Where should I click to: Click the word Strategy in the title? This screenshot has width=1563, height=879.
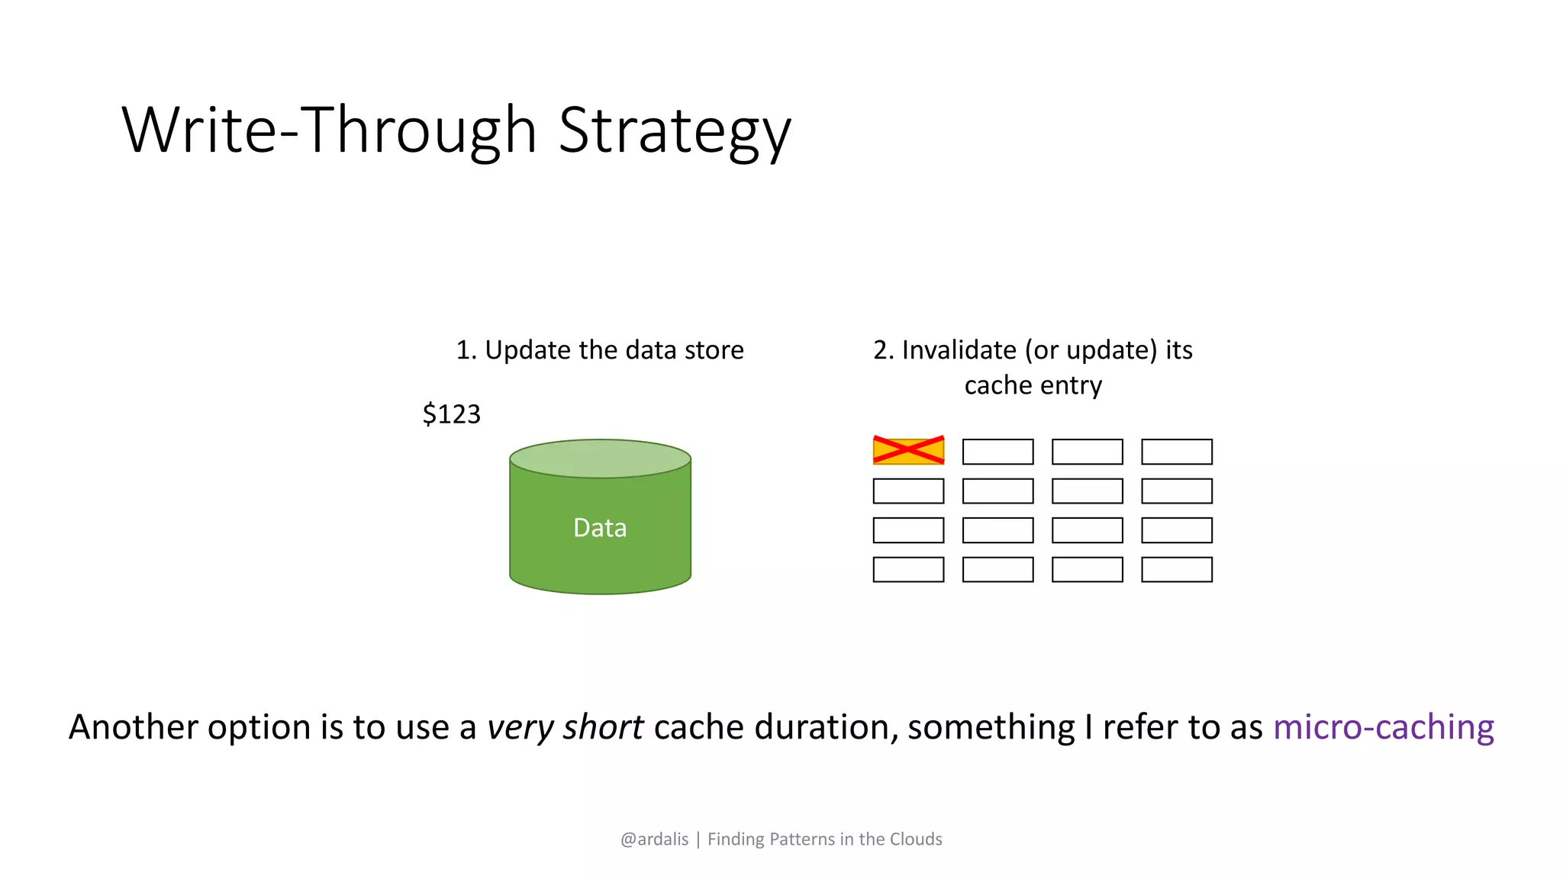tap(675, 131)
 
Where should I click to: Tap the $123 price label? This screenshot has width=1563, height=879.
tap(451, 414)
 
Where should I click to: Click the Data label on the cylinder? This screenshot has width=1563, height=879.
tap(600, 528)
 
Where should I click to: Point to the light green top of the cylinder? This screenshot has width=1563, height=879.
tap(600, 459)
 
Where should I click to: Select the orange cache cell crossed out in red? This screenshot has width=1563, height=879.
tap(908, 451)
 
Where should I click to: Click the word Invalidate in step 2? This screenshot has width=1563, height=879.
tap(959, 350)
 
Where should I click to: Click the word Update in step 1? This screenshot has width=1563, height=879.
tap(527, 351)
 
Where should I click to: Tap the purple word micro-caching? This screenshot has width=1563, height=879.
tap(1383, 727)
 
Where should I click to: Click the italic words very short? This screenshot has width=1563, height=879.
tap(565, 727)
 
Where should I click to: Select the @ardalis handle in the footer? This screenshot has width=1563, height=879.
tap(654, 839)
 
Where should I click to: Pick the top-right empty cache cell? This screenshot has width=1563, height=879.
tap(1176, 452)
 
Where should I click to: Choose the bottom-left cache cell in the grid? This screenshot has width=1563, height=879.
tap(908, 570)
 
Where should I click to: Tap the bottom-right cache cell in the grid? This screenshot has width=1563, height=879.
tap(1176, 570)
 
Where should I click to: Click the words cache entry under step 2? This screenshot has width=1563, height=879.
tap(1033, 386)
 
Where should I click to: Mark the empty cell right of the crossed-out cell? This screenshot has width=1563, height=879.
tap(997, 452)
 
